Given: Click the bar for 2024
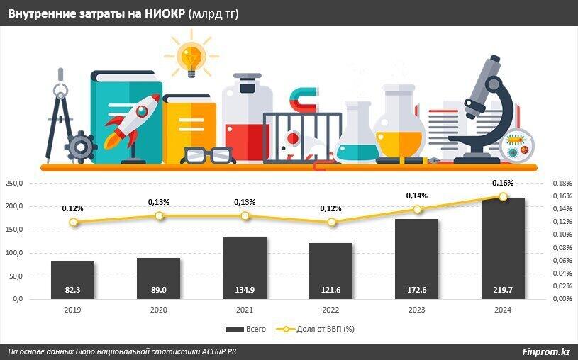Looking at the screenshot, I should [x=503, y=248].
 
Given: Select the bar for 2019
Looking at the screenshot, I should [x=72, y=280].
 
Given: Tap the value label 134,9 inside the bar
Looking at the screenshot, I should [x=245, y=290].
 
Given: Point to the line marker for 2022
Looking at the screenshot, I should [x=331, y=222].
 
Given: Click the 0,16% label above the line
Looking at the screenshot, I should [x=503, y=184].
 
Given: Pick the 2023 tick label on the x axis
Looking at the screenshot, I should [x=417, y=310].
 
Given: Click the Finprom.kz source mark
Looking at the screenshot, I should [x=546, y=351].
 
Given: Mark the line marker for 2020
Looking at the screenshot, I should [x=159, y=215].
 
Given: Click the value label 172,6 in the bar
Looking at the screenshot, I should [x=417, y=290].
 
